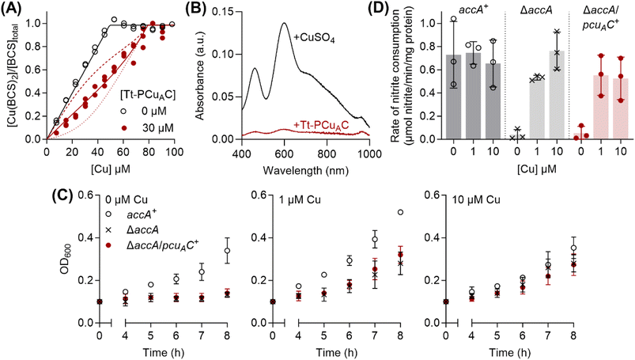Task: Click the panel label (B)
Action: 221,9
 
